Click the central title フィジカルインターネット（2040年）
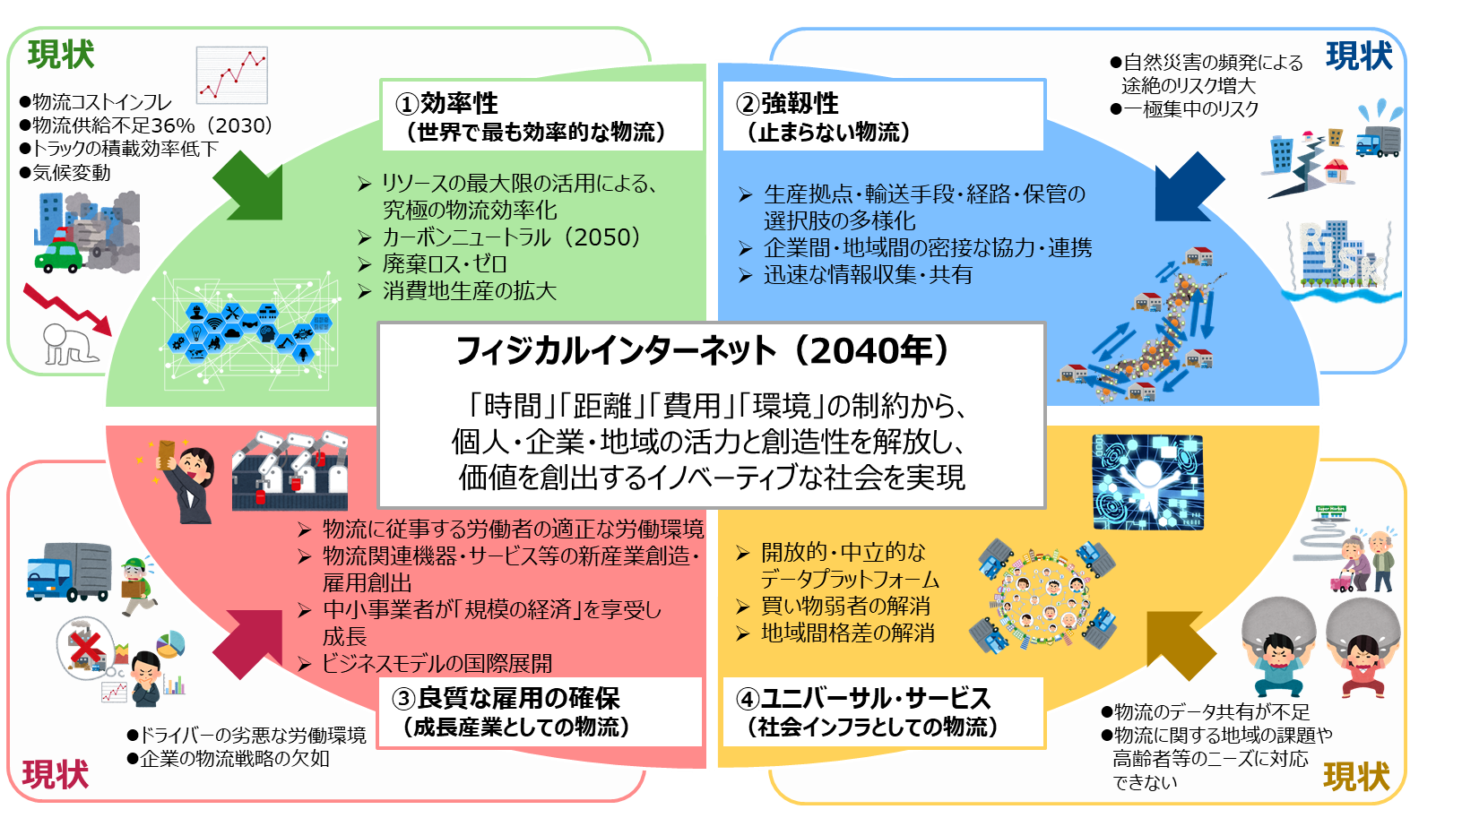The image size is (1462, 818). (x=703, y=351)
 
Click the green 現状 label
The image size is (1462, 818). (x=61, y=55)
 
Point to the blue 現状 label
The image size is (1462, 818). (x=1359, y=56)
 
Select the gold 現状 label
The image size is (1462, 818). (x=1356, y=776)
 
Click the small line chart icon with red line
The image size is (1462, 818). (x=232, y=74)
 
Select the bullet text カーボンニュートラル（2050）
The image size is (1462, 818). (x=512, y=237)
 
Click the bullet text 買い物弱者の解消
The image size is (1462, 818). (x=845, y=606)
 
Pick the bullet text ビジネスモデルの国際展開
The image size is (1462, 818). (x=437, y=663)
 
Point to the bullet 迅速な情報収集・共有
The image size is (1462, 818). (x=868, y=274)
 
